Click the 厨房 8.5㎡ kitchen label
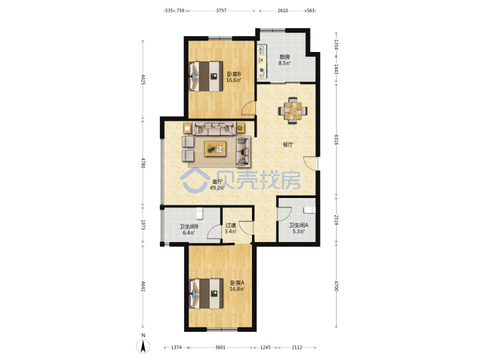point(285,60)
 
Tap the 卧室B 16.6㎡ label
point(234,77)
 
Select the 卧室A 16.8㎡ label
point(237,285)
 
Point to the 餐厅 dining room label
point(287,145)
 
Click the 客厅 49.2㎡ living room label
point(217,185)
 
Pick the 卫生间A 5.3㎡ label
point(299,228)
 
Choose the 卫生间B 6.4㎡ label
point(189,229)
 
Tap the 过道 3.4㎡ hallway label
point(231,228)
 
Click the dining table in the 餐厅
point(293,111)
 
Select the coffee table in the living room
point(215,149)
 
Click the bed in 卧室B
point(206,76)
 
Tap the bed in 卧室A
point(206,293)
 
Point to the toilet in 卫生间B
point(199,213)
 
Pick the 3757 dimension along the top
point(221,11)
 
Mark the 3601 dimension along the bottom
point(220,347)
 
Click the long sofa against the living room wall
point(215,128)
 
